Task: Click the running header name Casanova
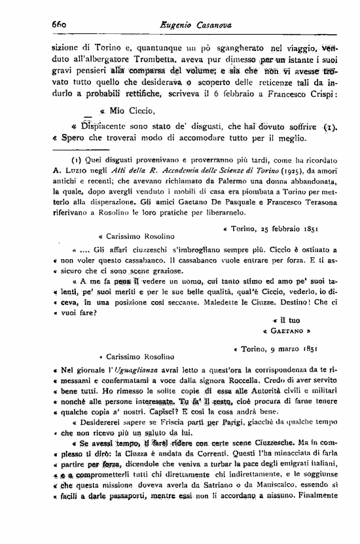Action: (x=214, y=24)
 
